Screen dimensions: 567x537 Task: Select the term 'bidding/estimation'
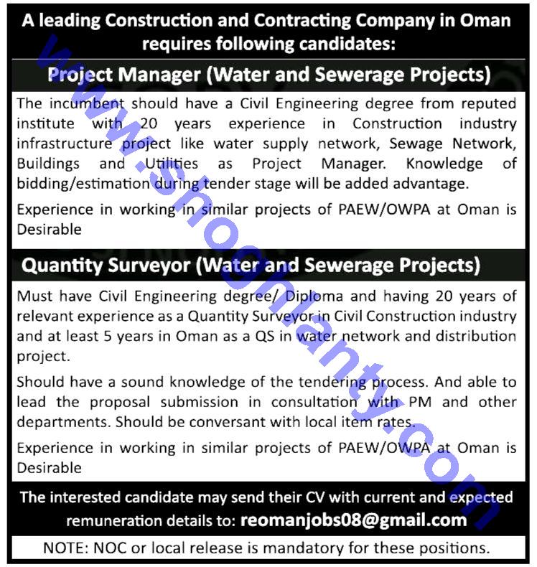pyautogui.click(x=80, y=184)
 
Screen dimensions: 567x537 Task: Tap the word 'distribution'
pyautogui.click(x=475, y=336)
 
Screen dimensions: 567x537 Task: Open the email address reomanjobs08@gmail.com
pyautogui.click(x=354, y=520)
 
